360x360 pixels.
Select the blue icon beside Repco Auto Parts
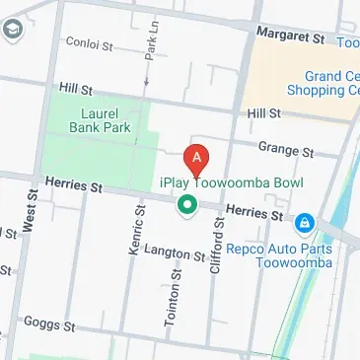click(306, 224)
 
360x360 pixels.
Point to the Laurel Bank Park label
click(102, 120)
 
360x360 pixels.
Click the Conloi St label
click(90, 42)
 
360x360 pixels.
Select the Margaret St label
click(290, 36)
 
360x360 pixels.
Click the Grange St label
click(284, 150)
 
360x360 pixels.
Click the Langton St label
click(174, 254)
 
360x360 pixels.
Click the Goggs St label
click(50, 323)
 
